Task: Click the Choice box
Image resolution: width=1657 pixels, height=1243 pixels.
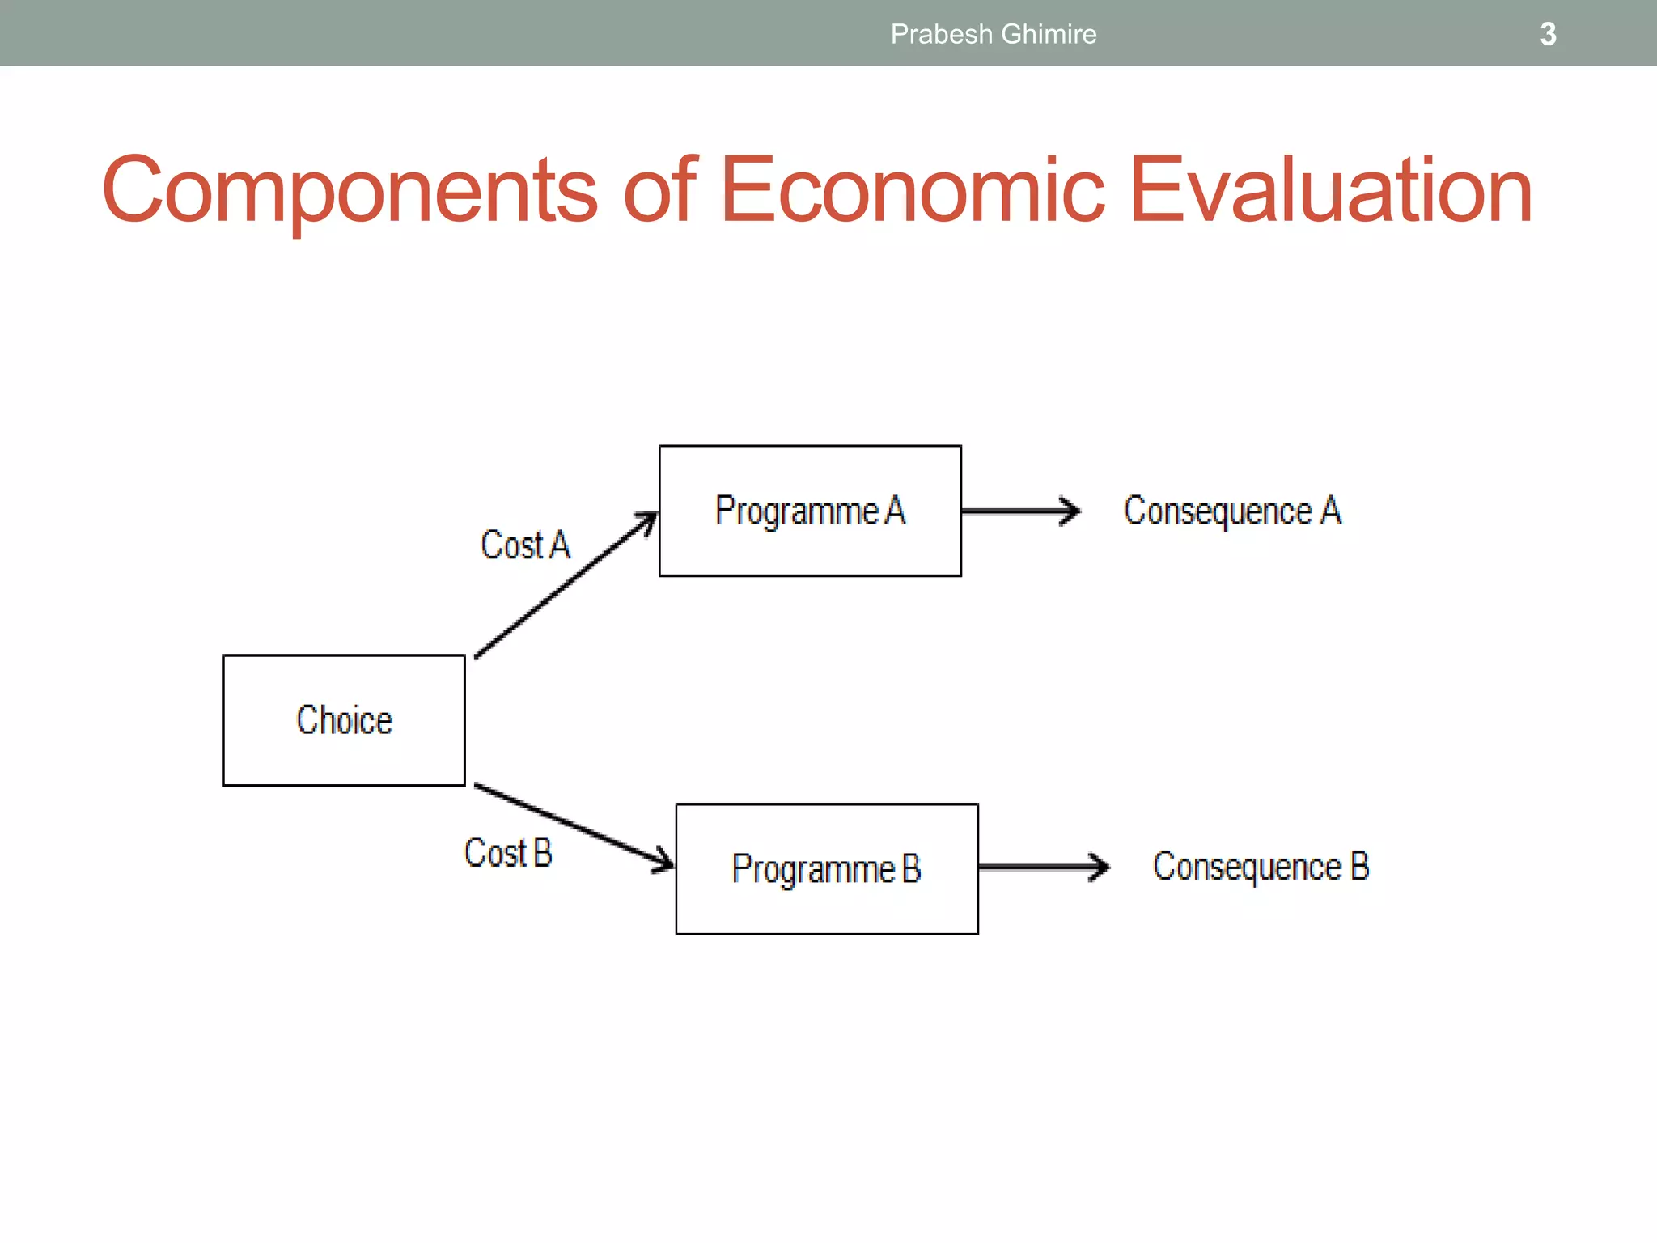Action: click(344, 719)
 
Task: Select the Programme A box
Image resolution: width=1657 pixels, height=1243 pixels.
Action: click(810, 511)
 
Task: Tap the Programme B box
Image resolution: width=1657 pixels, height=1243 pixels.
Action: click(826, 868)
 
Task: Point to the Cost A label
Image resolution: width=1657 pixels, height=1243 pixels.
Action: click(525, 545)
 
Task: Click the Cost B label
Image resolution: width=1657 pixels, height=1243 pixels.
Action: click(507, 852)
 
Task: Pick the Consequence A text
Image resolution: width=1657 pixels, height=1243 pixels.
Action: click(1231, 511)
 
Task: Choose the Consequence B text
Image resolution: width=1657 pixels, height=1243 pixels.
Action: click(1260, 866)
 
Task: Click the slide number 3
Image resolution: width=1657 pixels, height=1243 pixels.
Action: click(1547, 34)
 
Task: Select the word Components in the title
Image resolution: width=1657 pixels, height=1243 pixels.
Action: click(350, 191)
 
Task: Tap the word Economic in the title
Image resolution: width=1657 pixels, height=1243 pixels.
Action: click(912, 191)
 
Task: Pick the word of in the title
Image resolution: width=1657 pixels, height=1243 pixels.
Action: click(659, 191)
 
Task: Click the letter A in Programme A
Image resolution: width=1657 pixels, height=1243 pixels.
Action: click(895, 511)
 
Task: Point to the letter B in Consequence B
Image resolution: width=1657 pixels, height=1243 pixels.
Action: click(1359, 866)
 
